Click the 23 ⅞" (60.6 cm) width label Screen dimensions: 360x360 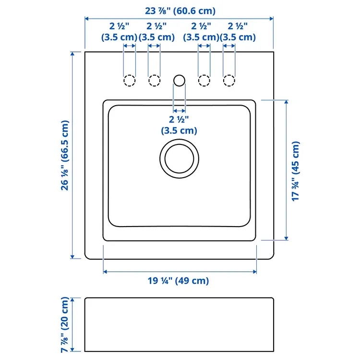click(180, 11)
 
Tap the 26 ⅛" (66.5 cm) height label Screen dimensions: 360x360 click(65, 156)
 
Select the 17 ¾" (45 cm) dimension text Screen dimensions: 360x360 click(296, 171)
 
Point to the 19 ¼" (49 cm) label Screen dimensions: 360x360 click(178, 281)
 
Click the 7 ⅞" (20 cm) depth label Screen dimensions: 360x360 click(65, 324)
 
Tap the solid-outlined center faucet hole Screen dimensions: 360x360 click(180, 80)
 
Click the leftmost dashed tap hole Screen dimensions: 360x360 click(130, 81)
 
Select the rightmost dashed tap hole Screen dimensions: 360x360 click(229, 81)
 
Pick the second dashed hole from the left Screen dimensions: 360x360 click(154, 81)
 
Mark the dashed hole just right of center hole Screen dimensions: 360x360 click(204, 81)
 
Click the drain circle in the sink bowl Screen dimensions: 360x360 click(180, 159)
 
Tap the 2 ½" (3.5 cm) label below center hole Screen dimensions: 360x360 click(179, 125)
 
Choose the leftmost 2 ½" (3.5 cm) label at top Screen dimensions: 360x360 click(119, 32)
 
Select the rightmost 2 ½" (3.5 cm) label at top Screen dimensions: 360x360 click(238, 32)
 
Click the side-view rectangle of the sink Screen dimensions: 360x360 click(179, 324)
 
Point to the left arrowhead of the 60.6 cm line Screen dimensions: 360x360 click(87, 19)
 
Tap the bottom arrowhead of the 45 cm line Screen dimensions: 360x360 click(286, 238)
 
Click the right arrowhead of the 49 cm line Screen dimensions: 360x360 click(254, 272)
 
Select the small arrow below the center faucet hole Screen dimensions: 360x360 click(180, 111)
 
